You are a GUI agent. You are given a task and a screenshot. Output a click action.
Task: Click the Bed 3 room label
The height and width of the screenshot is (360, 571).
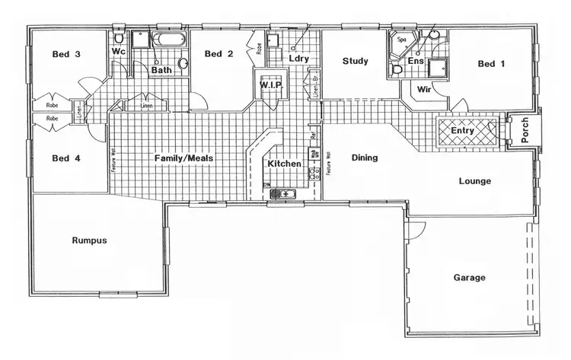pos(67,54)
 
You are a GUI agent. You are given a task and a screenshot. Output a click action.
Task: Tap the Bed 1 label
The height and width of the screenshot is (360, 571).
pos(491,65)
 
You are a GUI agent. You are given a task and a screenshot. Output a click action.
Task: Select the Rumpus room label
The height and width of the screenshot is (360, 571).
pos(89,241)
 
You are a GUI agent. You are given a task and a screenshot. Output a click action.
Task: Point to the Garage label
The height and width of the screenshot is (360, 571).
pos(469,278)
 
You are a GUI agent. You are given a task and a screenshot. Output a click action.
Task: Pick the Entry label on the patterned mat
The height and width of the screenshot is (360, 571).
pos(462,131)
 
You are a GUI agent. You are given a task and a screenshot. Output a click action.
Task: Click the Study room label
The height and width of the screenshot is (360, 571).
pos(356,61)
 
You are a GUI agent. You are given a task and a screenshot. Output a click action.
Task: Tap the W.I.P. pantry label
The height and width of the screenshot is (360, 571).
pos(272,85)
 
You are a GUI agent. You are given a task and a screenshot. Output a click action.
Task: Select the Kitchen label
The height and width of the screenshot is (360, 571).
pos(284,164)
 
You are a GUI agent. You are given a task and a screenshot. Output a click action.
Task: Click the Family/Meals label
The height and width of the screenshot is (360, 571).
pos(183,158)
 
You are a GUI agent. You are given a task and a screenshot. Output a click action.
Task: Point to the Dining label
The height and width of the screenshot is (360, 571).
pos(365,158)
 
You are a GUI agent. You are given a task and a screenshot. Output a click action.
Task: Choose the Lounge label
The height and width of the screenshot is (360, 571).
pos(475,181)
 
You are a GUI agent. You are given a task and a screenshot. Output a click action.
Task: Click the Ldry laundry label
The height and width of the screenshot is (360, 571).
pos(298,58)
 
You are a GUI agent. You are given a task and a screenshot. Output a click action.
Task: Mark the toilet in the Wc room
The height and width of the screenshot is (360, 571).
pos(119,37)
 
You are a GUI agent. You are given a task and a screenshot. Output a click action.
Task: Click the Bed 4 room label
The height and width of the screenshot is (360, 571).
pos(67,159)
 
